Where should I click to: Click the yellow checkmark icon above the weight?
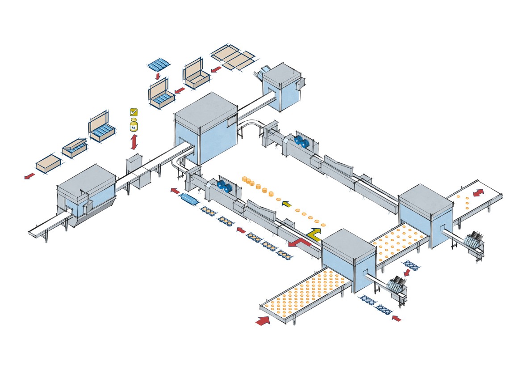pyautogui.click(x=133, y=112)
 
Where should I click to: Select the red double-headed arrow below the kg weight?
pyautogui.click(x=134, y=143)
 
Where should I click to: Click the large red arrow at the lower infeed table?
pyautogui.click(x=263, y=320)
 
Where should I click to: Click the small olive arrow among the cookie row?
pyautogui.click(x=286, y=205)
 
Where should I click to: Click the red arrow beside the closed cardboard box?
pyautogui.click(x=29, y=176)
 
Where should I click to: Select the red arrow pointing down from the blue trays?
pyautogui.click(x=158, y=77)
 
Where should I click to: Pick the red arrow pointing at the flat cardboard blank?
pyautogui.click(x=216, y=69)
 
